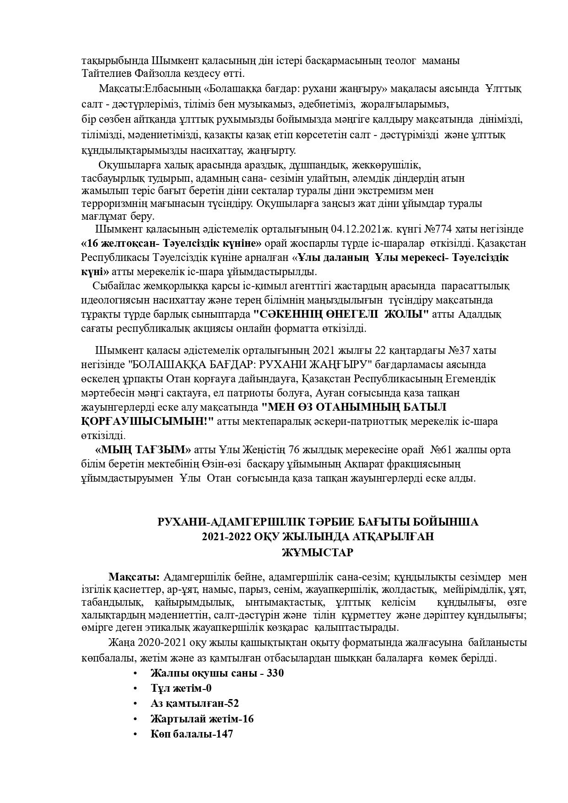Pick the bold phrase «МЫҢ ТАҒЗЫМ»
pos(143,450)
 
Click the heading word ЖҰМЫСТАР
pos(318,553)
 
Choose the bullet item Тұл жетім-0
pos(181,689)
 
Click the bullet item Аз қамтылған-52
pos(195,704)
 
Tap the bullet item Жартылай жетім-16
pos(202,719)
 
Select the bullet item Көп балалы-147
pos(192,734)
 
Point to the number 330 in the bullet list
pos(276,673)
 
